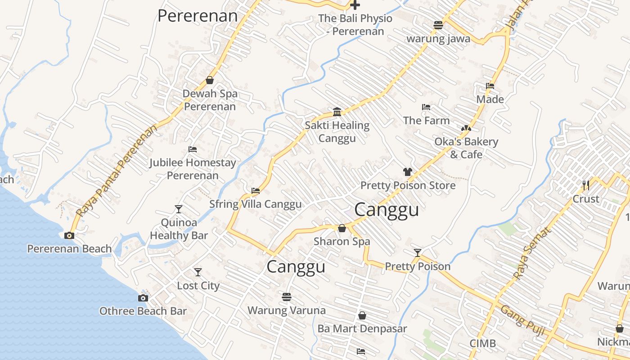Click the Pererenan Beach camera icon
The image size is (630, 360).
click(x=69, y=235)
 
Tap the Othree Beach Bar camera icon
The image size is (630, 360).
click(x=143, y=298)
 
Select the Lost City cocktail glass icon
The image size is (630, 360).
click(x=198, y=272)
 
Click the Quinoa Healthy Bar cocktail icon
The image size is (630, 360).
click(x=179, y=209)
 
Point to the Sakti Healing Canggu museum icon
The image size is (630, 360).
click(x=337, y=112)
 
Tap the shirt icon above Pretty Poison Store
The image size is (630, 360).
click(x=408, y=171)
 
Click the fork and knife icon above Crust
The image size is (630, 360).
click(x=585, y=185)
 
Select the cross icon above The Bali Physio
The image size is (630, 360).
click(x=355, y=5)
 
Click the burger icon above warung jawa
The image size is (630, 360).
click(x=438, y=25)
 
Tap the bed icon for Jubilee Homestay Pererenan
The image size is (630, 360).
click(x=193, y=149)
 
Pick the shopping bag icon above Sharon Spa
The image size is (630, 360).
click(x=342, y=228)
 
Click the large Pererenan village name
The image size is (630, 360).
click(x=198, y=16)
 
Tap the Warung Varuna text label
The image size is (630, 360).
click(x=287, y=310)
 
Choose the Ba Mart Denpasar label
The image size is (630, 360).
click(x=362, y=328)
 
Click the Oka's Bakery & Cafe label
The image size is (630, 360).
click(x=466, y=148)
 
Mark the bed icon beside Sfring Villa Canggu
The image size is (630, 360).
click(x=256, y=191)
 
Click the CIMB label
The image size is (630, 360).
click(x=483, y=344)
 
